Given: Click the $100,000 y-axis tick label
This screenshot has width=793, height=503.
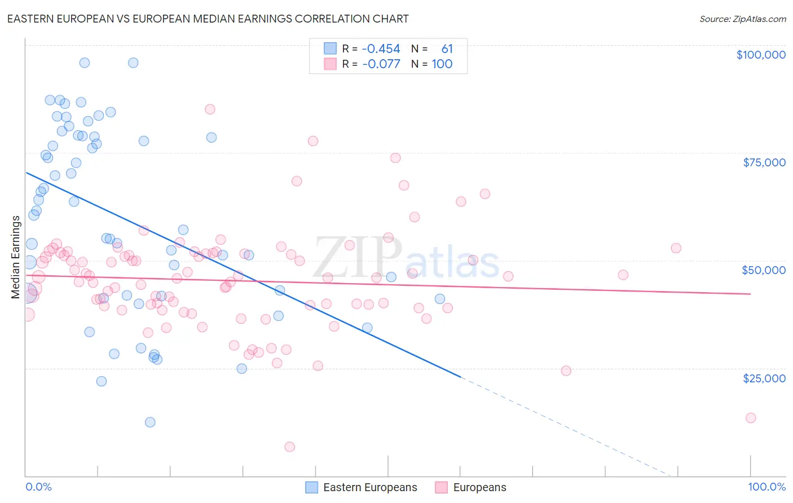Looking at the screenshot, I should tap(761, 55).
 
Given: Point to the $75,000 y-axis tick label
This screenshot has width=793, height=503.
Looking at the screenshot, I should tap(764, 162).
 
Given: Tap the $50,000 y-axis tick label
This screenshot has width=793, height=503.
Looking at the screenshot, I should tap(764, 270).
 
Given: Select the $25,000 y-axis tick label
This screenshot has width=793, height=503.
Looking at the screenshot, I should tap(764, 378).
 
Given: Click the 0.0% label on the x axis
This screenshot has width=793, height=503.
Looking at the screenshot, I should tap(38, 487).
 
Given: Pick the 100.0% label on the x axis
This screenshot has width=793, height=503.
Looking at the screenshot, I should tap(766, 487).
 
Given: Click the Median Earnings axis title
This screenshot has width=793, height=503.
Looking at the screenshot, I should tap(16, 257).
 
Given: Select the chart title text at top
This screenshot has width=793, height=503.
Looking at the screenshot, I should tap(208, 19).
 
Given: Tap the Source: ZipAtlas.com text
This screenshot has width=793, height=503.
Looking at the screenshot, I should tap(742, 19).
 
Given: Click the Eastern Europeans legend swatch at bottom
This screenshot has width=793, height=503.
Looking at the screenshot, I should tap(312, 487).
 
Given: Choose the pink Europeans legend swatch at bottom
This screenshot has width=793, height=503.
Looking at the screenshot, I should tap(442, 487).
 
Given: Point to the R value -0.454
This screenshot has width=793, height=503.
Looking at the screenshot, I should tap(381, 49).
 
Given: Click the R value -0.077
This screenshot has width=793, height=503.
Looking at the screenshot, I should tap(381, 64).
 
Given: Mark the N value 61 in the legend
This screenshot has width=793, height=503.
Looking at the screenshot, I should tap(447, 49).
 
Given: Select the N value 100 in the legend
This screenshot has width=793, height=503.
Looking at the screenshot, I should tap(442, 64).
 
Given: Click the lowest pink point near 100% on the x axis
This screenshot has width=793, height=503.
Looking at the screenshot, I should tap(751, 418).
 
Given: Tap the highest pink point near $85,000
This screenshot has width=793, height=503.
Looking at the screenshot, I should tap(210, 109).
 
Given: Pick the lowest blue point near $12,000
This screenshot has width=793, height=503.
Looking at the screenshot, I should tap(150, 422).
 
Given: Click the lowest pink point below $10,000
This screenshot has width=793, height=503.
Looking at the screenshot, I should tap(290, 447).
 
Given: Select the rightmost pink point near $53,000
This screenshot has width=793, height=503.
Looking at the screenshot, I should tap(676, 248).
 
